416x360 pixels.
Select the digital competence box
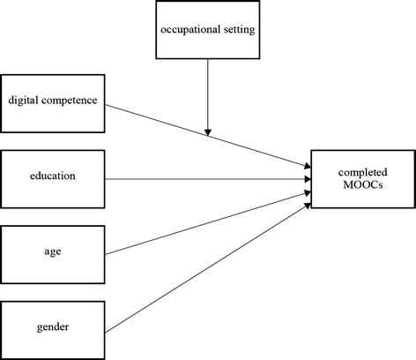[52, 101]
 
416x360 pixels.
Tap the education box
[52, 176]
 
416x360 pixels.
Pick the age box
[52, 251]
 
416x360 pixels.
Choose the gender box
[52, 327]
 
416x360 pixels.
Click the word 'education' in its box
[54, 176]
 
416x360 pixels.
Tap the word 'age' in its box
[54, 251]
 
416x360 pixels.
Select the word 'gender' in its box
[54, 327]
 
